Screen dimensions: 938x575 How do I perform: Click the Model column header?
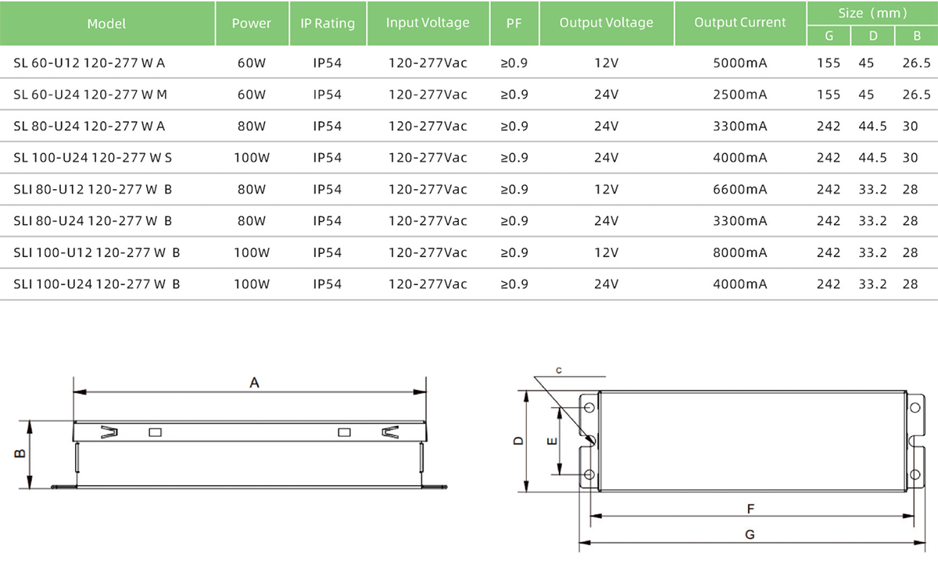pos(106,23)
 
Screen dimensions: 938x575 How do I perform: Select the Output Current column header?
pos(740,22)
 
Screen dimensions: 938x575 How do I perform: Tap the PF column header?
pos(514,23)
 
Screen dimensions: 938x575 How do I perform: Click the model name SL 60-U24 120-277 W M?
pos(90,95)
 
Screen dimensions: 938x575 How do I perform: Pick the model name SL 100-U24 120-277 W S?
pos(92,157)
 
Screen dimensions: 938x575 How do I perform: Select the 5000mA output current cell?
pos(740,62)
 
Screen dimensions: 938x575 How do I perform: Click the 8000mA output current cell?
pos(740,252)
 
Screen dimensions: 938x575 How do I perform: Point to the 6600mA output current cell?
pos(740,189)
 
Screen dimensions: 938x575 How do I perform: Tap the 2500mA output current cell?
pos(740,95)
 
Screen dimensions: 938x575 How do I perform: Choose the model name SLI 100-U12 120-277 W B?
pos(97,252)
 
